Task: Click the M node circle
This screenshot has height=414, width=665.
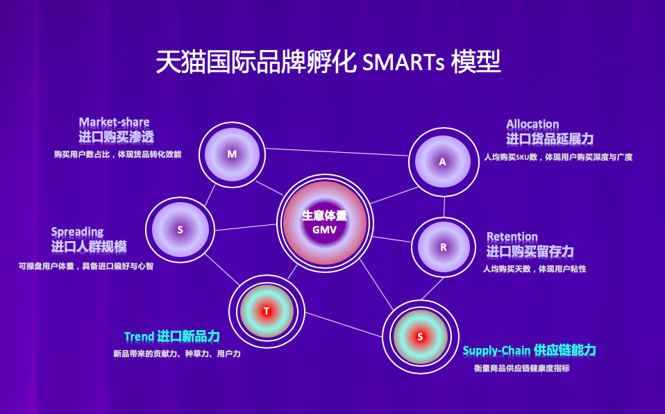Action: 232,154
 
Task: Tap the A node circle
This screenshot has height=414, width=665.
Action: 443,162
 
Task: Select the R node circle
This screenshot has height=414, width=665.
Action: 444,247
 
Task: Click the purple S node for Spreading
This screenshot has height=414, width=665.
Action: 180,229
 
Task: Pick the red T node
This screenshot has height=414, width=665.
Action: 267,310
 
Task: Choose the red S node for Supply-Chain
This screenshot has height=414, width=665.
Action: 419,337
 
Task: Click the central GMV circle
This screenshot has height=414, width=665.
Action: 325,222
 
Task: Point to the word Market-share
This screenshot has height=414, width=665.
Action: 114,122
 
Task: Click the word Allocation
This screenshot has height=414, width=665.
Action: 532,124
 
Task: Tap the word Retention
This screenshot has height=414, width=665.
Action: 512,237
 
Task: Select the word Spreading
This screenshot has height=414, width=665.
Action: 77,232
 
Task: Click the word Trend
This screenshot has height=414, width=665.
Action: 139,337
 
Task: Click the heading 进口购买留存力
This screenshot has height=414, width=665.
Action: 530,251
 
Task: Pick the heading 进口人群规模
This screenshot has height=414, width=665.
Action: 89,247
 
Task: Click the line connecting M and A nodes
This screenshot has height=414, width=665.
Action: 337,151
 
